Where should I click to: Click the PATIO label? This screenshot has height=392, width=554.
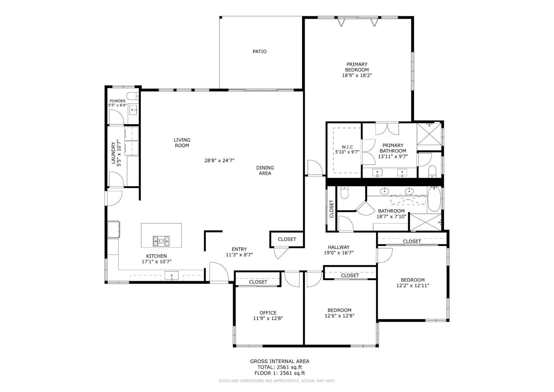coord(259,52)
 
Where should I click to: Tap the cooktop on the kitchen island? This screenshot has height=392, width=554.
coord(161,241)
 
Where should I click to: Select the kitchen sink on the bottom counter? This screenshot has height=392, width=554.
coord(171,276)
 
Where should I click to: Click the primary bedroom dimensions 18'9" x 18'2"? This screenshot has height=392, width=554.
coord(357,75)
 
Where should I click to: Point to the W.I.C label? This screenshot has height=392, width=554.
coord(347,147)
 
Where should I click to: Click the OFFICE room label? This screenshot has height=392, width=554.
coord(268,313)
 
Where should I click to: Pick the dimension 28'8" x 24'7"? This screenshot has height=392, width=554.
coord(219,160)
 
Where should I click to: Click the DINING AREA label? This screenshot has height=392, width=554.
coord(265,170)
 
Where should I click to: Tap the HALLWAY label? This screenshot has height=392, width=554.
coord(339,247)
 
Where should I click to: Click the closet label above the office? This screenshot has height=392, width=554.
coord(258,282)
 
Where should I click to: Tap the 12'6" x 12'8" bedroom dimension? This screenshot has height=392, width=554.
coord(339,316)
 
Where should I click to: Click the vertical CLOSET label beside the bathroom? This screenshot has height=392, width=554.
coord(331,209)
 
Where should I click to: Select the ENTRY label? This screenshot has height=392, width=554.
coord(239,249)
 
